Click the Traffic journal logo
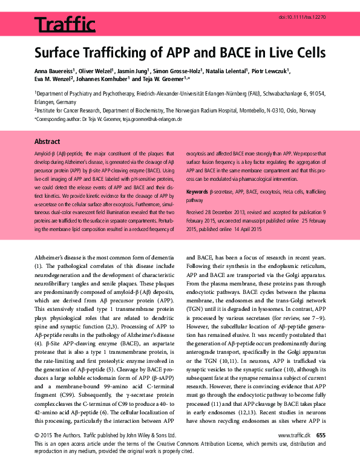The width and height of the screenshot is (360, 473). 65,25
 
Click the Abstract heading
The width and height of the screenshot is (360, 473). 47,140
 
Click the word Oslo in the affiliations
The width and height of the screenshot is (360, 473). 282,111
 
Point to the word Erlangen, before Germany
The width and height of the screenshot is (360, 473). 47,102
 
